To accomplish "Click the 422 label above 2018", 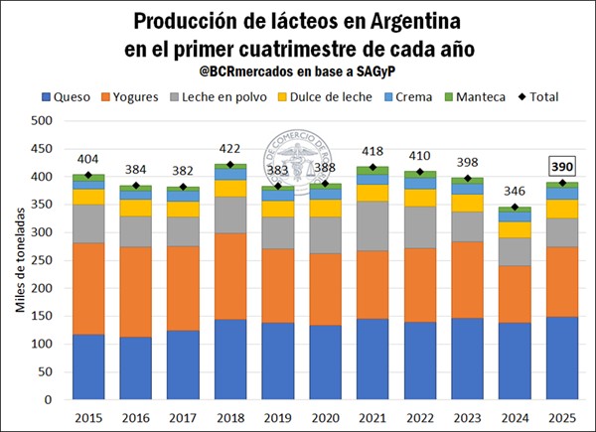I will (230, 148).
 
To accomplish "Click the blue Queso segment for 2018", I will (230, 360).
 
